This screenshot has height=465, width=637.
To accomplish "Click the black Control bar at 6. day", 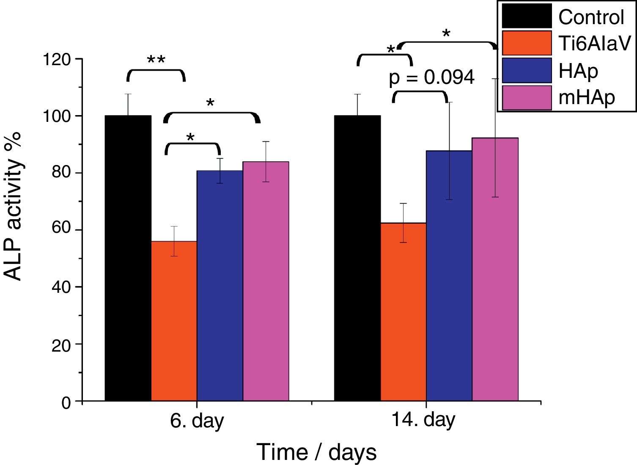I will (128, 258).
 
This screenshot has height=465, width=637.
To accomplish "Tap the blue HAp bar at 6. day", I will (220, 286).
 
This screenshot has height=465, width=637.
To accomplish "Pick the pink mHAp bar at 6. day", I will (266, 281).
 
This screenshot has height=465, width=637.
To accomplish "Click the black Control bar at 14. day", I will (357, 258).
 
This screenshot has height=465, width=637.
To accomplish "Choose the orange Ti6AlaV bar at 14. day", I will (404, 311).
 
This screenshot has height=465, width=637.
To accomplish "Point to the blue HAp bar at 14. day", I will (449, 275).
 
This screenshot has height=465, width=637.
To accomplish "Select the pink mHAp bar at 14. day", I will (495, 269).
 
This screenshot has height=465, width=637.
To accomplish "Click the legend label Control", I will (591, 17).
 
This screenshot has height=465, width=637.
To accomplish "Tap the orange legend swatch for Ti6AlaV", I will (527, 43).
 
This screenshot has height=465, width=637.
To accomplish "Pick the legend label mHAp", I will (586, 98).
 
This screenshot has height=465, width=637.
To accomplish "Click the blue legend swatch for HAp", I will (527, 70).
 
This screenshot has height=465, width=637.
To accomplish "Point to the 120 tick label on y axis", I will (57, 60).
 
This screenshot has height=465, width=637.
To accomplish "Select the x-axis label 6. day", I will (197, 421).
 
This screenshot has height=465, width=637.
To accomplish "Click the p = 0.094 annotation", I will (431, 77).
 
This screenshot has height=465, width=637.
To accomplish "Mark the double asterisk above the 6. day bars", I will (156, 61).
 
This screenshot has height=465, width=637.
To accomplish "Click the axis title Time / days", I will (316, 452).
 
